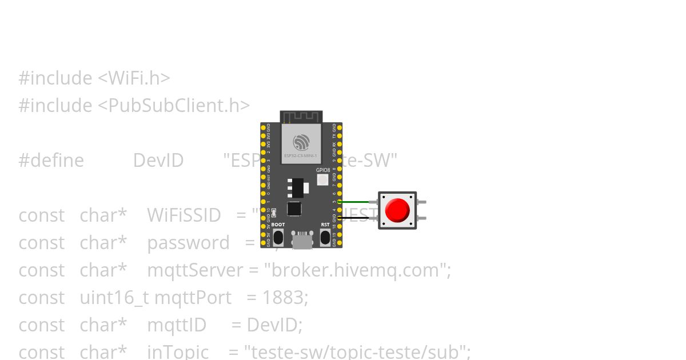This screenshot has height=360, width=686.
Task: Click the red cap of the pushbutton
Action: (397, 210)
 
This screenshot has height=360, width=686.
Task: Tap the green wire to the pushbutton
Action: (359, 202)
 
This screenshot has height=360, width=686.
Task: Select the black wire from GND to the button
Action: (359, 218)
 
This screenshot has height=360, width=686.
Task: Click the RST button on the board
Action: (325, 237)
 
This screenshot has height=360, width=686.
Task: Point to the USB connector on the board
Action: (302, 241)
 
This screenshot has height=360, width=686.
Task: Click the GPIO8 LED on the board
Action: (322, 180)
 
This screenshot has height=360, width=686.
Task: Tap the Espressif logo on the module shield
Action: (301, 142)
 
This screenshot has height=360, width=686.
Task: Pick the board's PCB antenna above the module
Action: (301, 117)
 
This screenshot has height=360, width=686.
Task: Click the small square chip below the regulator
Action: (294, 209)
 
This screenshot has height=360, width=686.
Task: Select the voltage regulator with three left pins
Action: (297, 187)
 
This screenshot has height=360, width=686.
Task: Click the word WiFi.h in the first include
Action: (135, 78)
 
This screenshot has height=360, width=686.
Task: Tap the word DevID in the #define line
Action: (158, 161)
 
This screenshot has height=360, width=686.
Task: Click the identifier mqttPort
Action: (193, 298)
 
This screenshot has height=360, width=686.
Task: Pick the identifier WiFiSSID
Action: (184, 215)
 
